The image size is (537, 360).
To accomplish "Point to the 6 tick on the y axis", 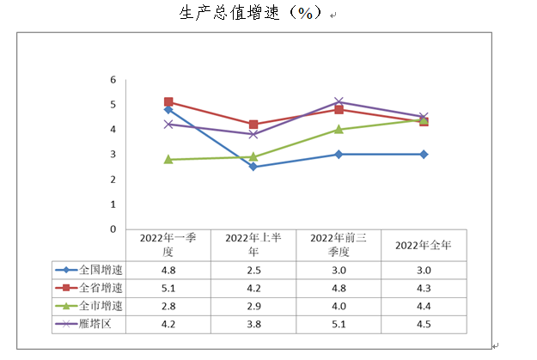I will [113, 80].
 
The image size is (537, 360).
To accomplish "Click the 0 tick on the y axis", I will [113, 229].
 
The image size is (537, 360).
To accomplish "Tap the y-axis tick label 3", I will [113, 155].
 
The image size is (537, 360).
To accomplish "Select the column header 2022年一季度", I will [168, 244].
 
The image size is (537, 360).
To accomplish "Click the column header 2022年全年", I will [424, 245].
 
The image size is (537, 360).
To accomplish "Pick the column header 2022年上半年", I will [253, 244].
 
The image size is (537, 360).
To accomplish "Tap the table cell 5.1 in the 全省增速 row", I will [168, 287].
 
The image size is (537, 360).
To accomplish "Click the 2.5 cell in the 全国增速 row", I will [253, 268].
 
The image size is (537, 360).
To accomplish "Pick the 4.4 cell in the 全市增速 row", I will [424, 306].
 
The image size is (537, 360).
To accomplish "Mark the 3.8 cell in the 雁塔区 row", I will [253, 325].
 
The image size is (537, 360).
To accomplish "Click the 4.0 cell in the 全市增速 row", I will [339, 306].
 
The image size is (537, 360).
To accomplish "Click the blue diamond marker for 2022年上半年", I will [253, 167].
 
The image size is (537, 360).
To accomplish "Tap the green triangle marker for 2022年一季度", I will [168, 159].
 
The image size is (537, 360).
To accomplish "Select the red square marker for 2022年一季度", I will [168, 102].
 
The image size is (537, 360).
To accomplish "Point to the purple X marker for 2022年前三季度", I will [339, 102].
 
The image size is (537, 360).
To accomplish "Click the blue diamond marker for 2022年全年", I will [424, 155].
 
